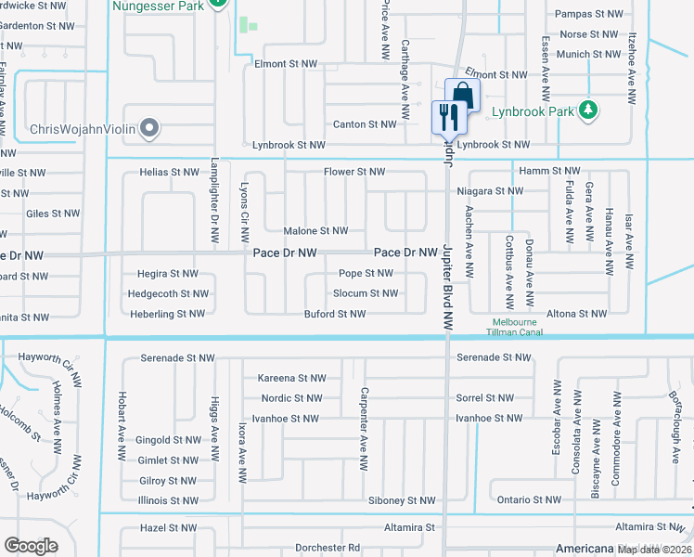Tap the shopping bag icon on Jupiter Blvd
coord(462,95)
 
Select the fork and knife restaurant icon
coord(447,117)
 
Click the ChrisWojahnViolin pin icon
coord(148,129)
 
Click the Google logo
coord(31,546)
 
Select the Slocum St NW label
coord(366,293)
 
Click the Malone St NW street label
coord(315,231)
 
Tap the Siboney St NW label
coord(402,500)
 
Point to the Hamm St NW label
coord(549,171)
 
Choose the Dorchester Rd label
coord(328,548)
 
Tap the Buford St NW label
coord(336,314)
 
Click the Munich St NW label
coord(587,55)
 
